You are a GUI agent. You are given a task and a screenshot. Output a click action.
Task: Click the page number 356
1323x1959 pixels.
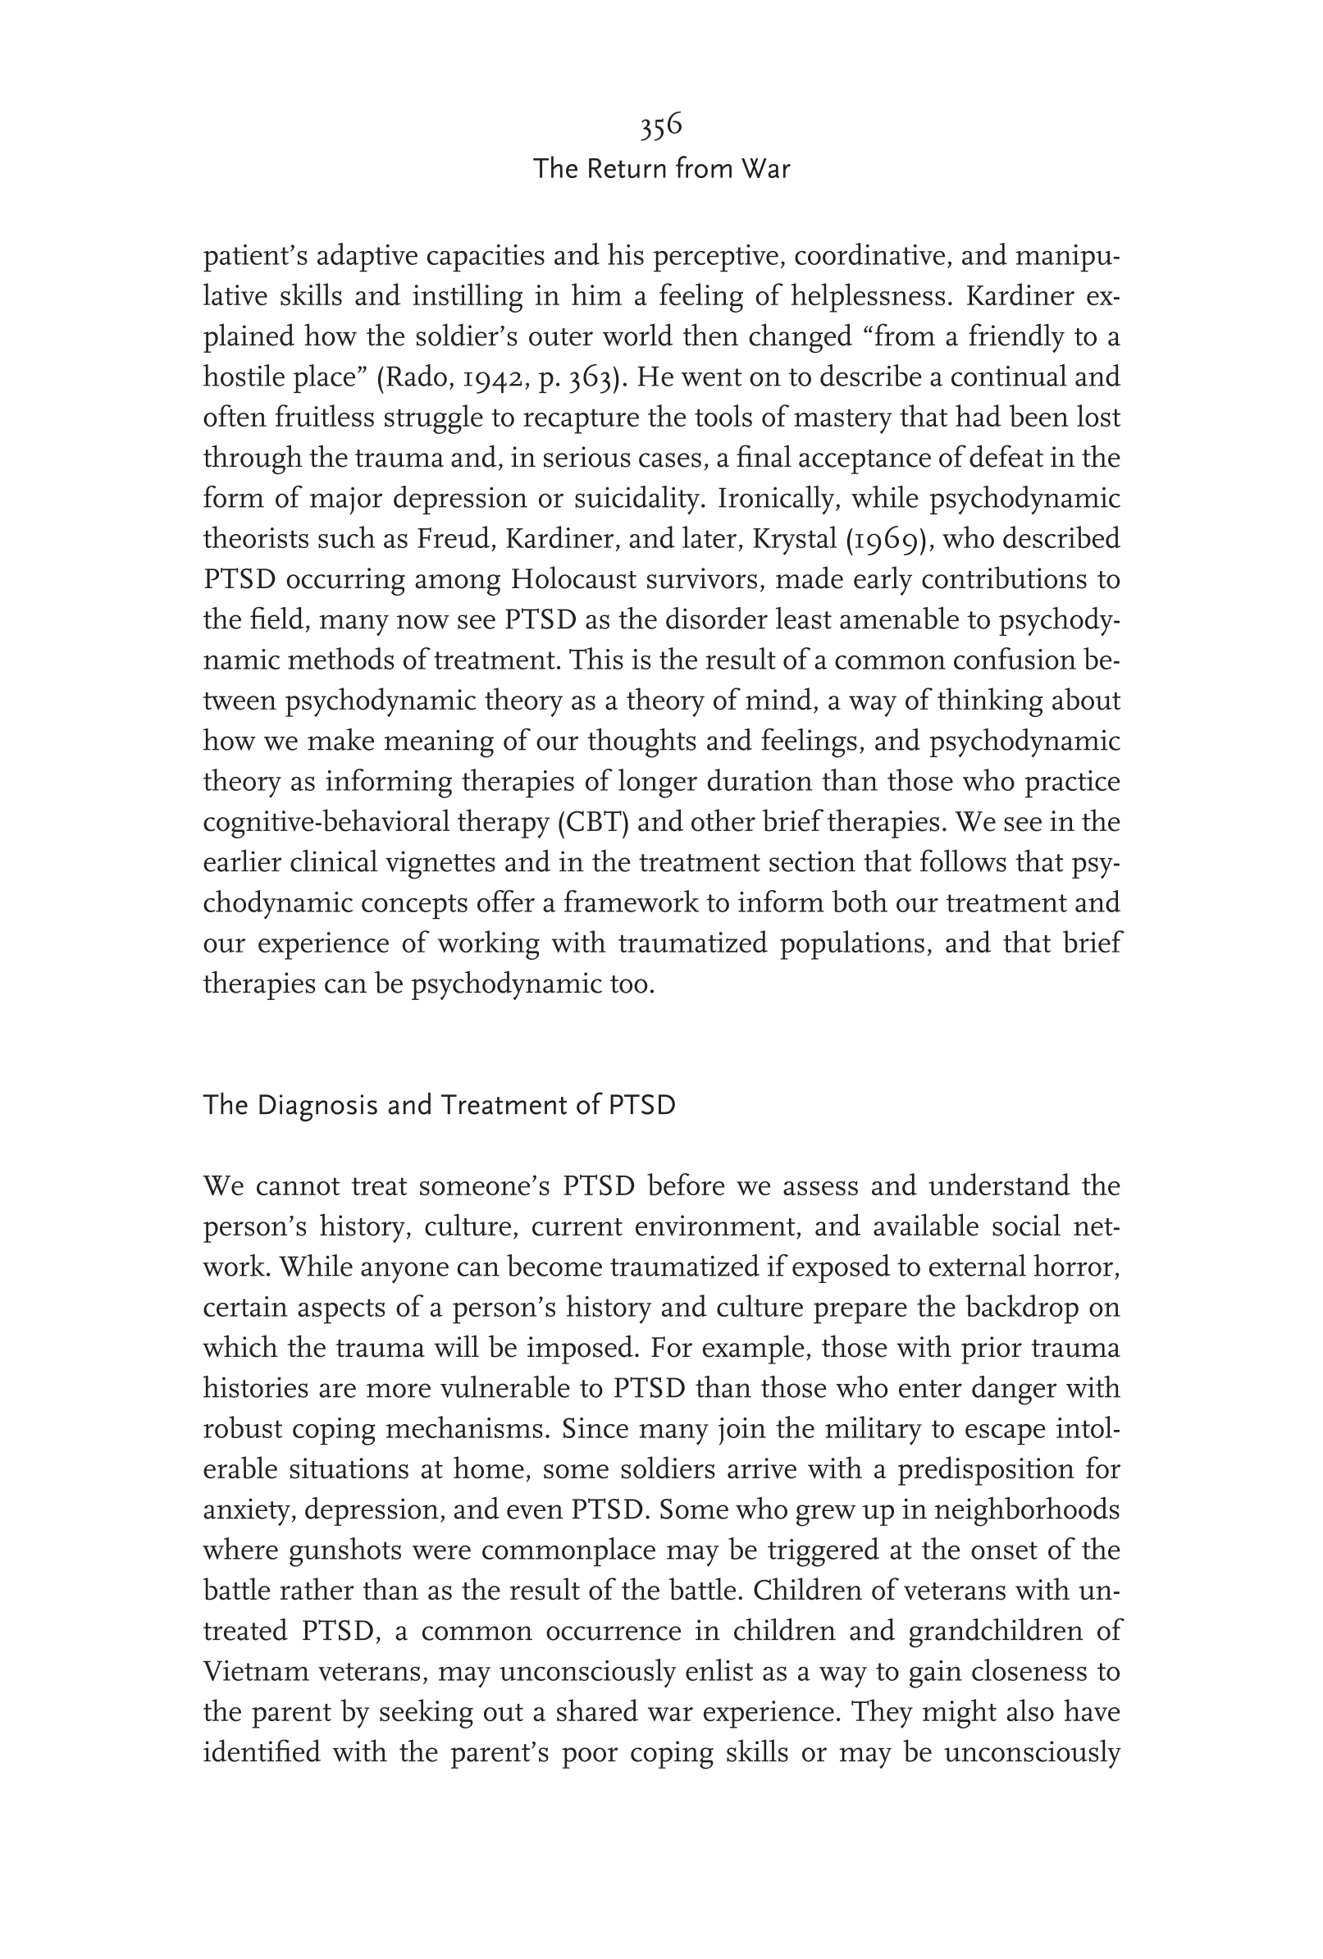click(660, 126)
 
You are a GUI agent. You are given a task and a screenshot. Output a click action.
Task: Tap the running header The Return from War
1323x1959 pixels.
click(661, 169)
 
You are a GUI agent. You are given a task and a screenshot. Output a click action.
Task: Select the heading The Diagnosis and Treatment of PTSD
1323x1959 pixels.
click(439, 1104)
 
